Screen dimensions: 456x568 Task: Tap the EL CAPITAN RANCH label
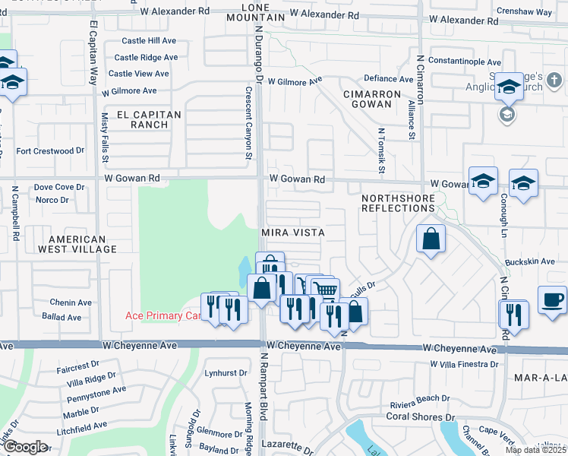pyautogui.click(x=149, y=119)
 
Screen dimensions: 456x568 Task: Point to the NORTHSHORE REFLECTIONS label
pyautogui.click(x=398, y=203)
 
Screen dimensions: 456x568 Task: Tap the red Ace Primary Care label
pyautogui.click(x=163, y=315)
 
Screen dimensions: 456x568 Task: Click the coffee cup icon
pyautogui.click(x=552, y=298)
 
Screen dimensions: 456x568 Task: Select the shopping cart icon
pyautogui.click(x=325, y=290)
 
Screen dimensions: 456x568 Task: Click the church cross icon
pyautogui.click(x=554, y=80)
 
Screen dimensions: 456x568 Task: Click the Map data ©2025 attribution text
pyautogui.click(x=535, y=450)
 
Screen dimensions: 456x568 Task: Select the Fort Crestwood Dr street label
pyautogui.click(x=51, y=151)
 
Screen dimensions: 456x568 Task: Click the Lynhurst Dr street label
pyautogui.click(x=226, y=373)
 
